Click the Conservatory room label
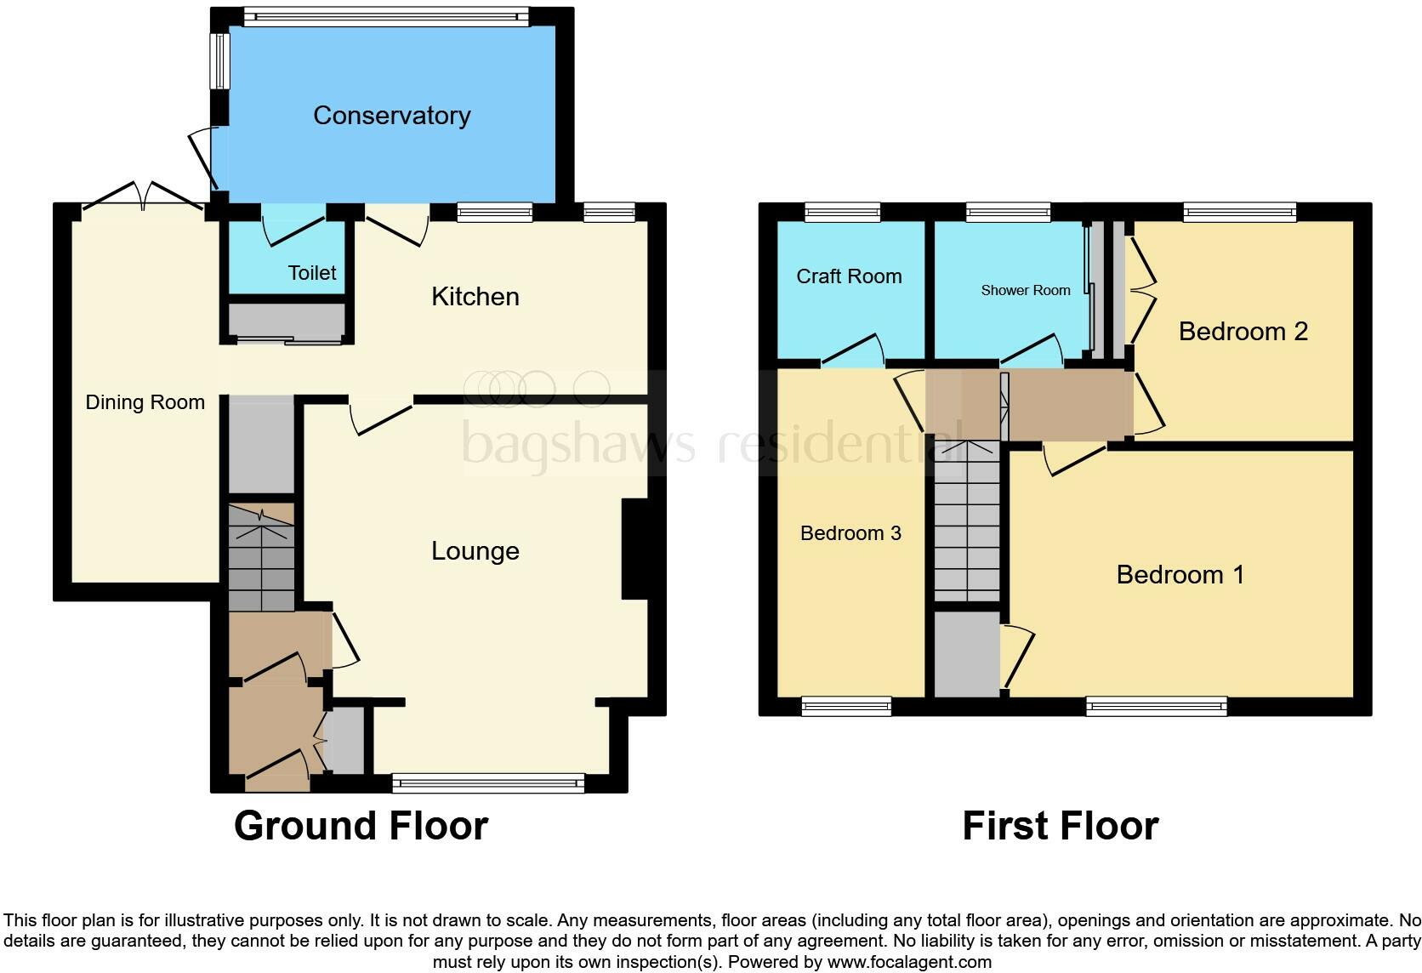(391, 116)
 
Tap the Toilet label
(312, 273)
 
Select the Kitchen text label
(475, 297)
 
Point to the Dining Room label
(145, 402)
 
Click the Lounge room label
(475, 551)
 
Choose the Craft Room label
(849, 276)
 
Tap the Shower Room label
(1025, 291)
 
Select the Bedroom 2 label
(1243, 332)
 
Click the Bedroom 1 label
(1180, 575)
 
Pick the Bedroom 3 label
(850, 533)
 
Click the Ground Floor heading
(361, 826)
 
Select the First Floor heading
(1060, 826)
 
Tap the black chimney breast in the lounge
(635, 549)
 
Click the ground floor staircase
(260, 557)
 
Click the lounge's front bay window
(488, 782)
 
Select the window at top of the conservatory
(385, 15)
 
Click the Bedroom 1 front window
(1157, 705)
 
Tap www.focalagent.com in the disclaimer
(909, 963)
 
